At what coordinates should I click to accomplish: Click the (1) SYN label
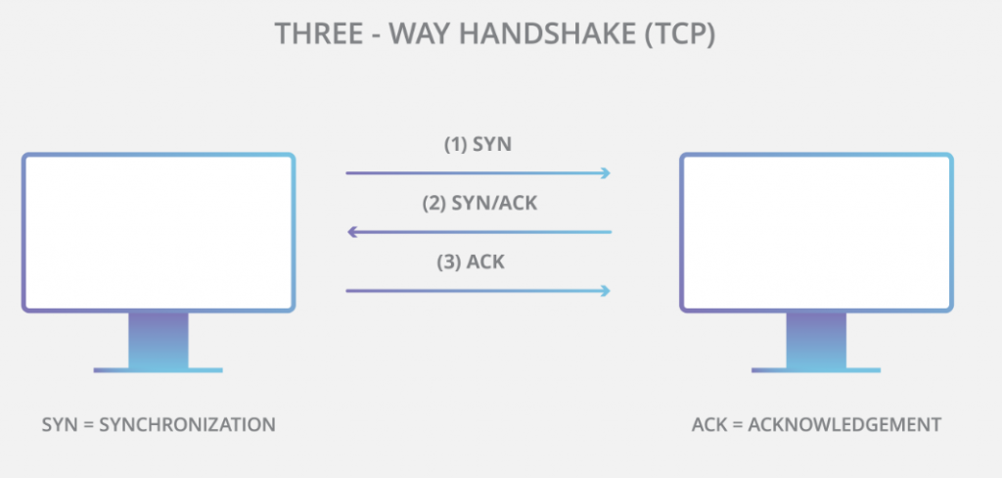(478, 144)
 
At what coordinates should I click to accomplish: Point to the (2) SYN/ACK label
(478, 204)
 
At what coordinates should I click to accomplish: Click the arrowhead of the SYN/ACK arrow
(352, 232)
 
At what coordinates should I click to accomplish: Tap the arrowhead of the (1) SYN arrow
(606, 173)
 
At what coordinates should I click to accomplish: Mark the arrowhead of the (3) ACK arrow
(606, 290)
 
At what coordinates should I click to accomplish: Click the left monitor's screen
(159, 232)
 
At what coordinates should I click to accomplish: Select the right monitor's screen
(816, 232)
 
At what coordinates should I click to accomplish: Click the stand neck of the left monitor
(159, 339)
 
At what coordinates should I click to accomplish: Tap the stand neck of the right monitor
(816, 339)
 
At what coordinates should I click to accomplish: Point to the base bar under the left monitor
(159, 370)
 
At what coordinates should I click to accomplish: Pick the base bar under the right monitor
(816, 370)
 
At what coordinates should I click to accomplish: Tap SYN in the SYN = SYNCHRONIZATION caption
(58, 425)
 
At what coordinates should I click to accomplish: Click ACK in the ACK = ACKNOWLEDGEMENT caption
(708, 425)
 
